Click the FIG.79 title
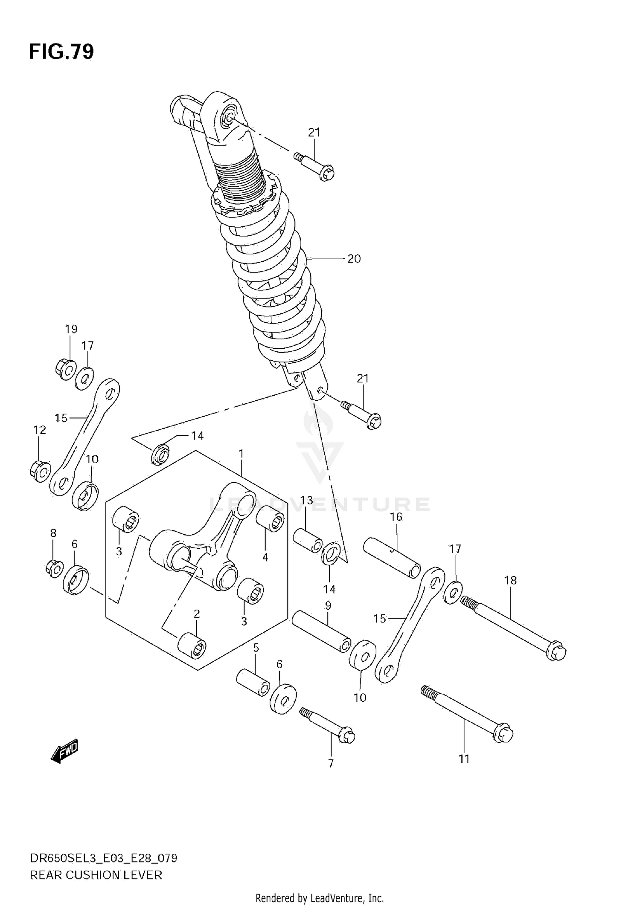tap(61, 52)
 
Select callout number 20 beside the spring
tap(354, 259)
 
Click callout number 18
tap(510, 580)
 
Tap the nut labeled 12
tap(40, 471)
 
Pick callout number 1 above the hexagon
tap(241, 454)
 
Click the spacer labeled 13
tap(308, 541)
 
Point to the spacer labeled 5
tap(253, 683)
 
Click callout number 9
tap(328, 606)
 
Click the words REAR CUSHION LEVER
tap(96, 875)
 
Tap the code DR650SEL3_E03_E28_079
tap(103, 858)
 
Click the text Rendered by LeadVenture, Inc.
tap(320, 898)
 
